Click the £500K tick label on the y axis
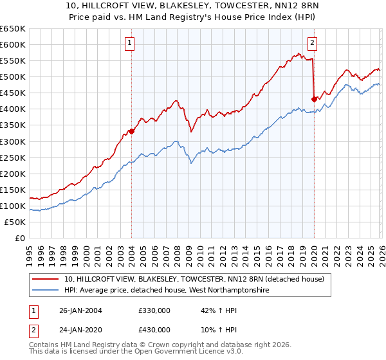coord(13,77)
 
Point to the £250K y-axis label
coord(13,157)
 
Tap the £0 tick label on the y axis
coord(19,239)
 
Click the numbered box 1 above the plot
coord(130,44)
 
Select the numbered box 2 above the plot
coord(312,44)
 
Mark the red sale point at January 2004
coord(131,131)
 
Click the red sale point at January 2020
coord(313,99)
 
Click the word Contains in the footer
coord(44,346)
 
